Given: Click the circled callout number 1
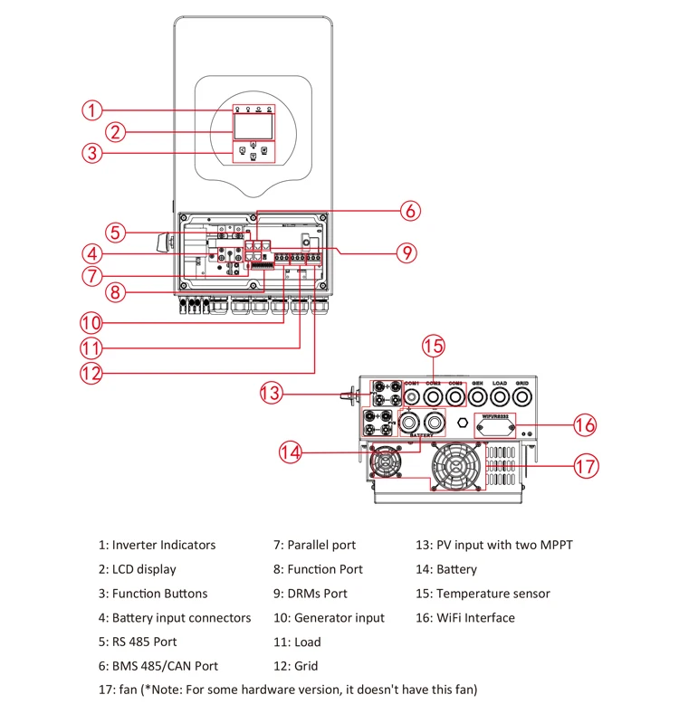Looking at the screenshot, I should click(91, 110).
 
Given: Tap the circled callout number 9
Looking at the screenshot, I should click(408, 252).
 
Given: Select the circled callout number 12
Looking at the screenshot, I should click(91, 371).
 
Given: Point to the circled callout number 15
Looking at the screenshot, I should click(435, 345).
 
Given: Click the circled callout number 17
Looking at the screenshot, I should click(587, 466).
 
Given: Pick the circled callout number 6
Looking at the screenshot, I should click(410, 211).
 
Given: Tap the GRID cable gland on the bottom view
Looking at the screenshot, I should click(521, 395).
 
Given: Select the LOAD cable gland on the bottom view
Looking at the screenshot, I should click(499, 395).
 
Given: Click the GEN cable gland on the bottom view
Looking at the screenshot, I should click(477, 395).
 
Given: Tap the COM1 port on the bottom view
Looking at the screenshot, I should click(412, 395).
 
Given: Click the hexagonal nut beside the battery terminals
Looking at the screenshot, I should click(464, 422).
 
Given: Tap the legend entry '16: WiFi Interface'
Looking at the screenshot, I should click(465, 618).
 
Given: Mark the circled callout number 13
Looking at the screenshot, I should click(272, 393).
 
